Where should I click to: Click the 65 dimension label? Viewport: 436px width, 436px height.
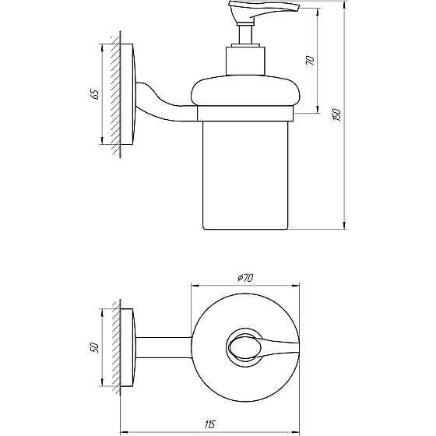[94, 93]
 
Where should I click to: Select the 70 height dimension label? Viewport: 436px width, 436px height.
[310, 62]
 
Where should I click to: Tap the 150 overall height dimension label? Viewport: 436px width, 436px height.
[336, 114]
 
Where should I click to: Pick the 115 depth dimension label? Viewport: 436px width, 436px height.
[209, 424]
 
